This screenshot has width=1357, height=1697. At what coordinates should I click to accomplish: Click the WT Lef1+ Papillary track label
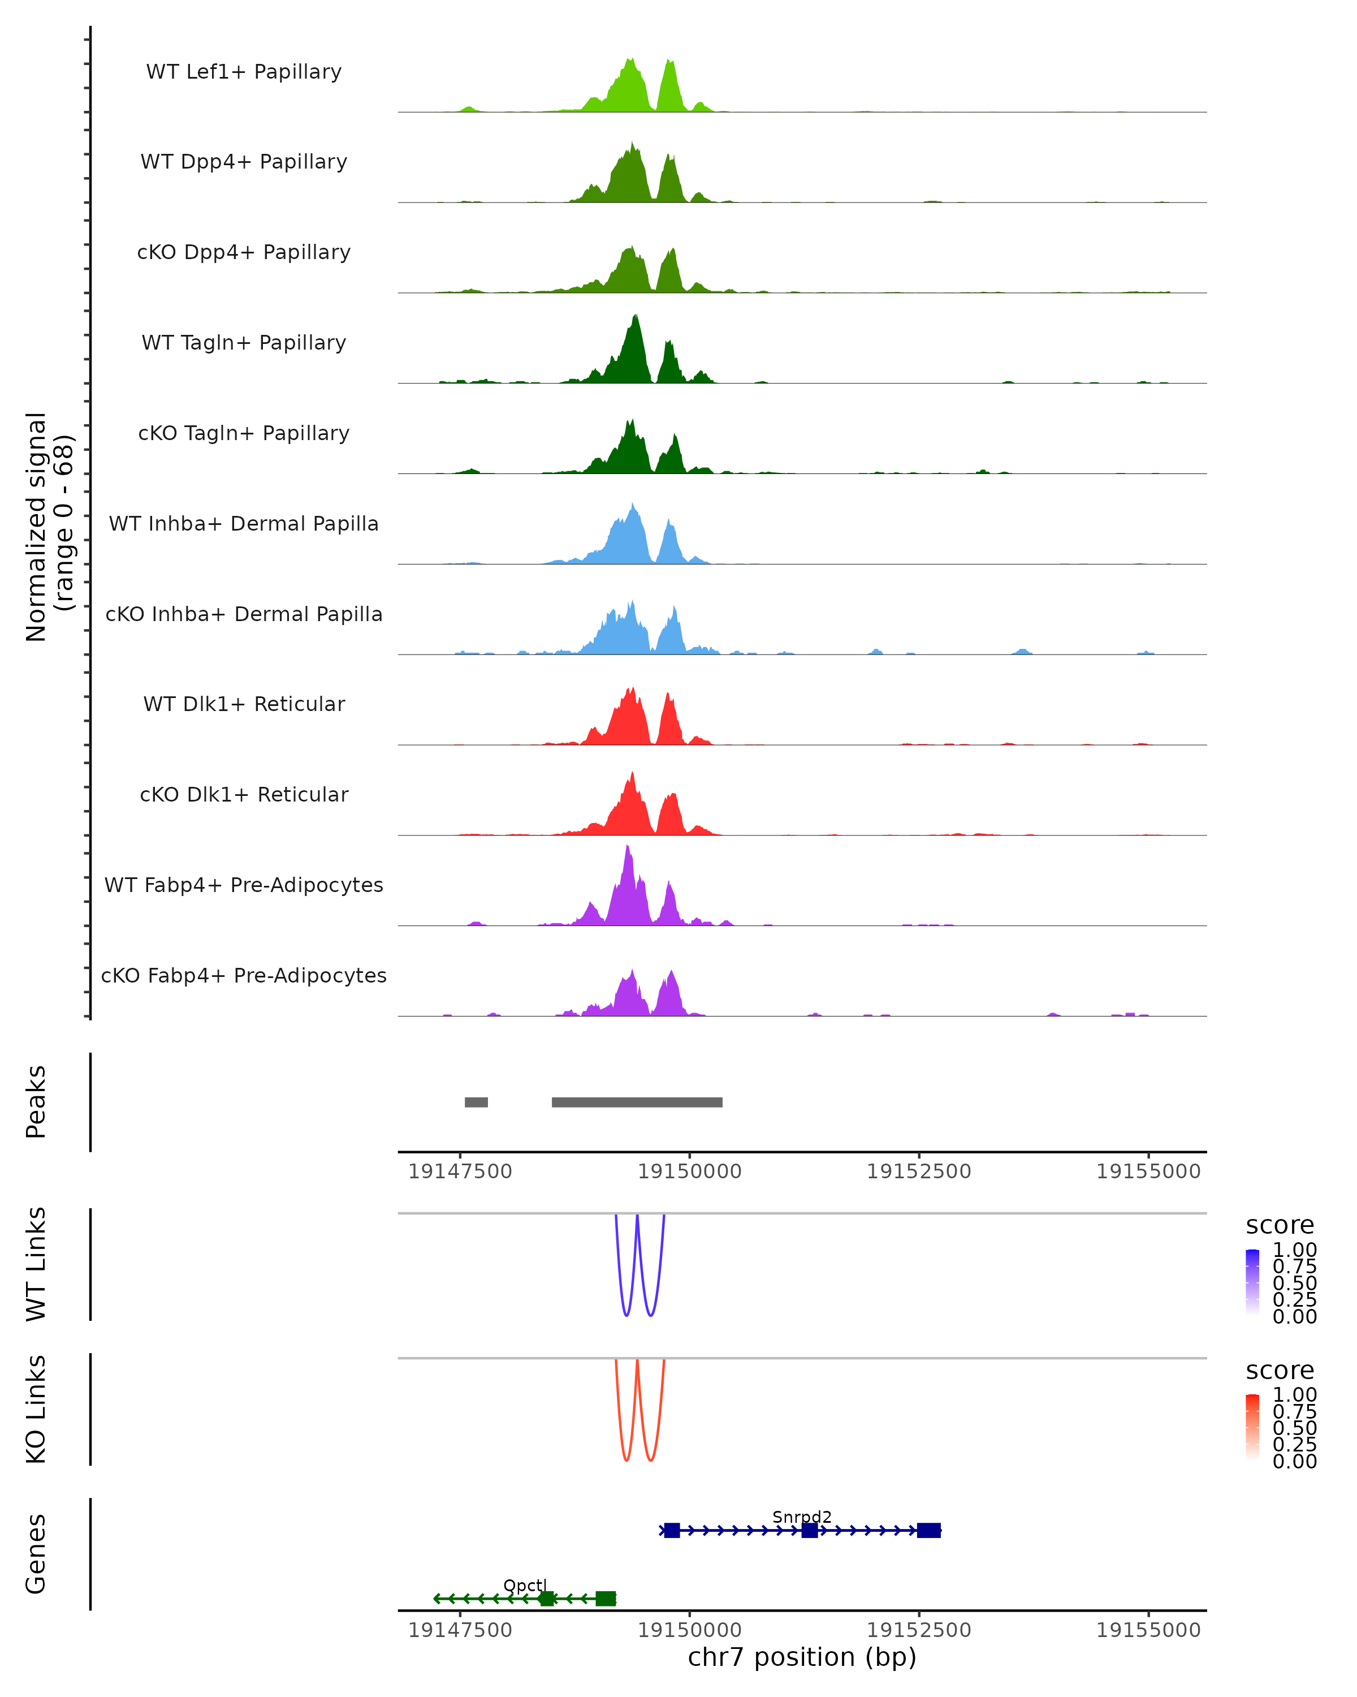tap(244, 72)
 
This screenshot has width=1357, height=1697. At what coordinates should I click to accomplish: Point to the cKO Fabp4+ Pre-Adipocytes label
tap(244, 975)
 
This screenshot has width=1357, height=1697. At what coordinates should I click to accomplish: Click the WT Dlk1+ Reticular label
tap(244, 704)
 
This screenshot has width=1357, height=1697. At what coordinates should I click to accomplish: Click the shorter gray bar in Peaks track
tap(476, 1102)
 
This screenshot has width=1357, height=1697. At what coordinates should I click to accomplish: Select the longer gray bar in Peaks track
tap(637, 1102)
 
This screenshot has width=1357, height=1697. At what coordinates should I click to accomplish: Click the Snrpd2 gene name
tap(802, 1517)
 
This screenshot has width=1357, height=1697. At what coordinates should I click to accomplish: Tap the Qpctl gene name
tap(525, 1585)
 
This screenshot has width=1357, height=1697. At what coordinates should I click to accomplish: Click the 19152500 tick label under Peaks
tap(919, 1171)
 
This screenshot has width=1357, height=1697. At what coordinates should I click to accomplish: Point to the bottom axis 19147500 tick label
tap(460, 1630)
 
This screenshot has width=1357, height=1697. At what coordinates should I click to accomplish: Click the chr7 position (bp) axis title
tap(802, 1657)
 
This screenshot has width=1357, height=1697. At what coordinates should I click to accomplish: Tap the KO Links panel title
tap(36, 1409)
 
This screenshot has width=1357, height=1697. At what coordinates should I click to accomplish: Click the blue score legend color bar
tap(1252, 1282)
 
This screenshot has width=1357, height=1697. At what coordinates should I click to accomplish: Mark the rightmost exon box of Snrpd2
tap(929, 1530)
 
